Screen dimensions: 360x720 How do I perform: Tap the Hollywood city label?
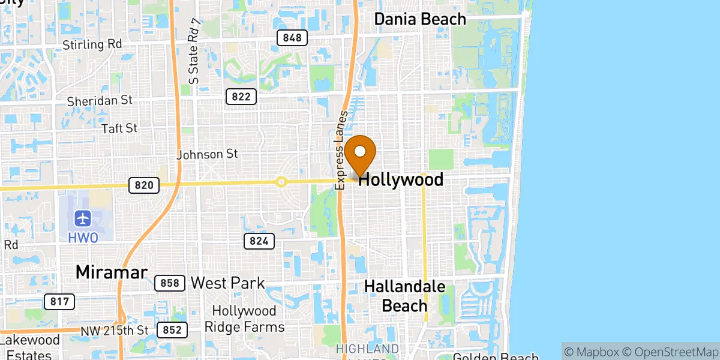click(401, 179)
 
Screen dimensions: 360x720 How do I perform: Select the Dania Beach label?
click(420, 19)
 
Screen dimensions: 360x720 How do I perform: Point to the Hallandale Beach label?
click(404, 296)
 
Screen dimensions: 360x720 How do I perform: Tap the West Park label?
click(227, 283)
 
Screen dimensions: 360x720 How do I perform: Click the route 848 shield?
click(292, 38)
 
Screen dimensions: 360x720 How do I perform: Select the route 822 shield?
click(242, 96)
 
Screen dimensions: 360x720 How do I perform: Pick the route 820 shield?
click(144, 185)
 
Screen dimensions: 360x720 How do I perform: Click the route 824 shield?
click(259, 241)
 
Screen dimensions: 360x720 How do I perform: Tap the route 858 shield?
click(170, 283)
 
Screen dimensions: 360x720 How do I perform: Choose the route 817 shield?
click(59, 301)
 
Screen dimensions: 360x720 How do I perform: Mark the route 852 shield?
click(173, 329)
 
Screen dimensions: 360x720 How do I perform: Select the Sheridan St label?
click(100, 101)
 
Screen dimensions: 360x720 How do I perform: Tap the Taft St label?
click(119, 128)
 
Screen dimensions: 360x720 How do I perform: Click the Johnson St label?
click(208, 154)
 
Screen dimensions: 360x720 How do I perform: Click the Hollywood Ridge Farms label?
click(244, 319)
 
